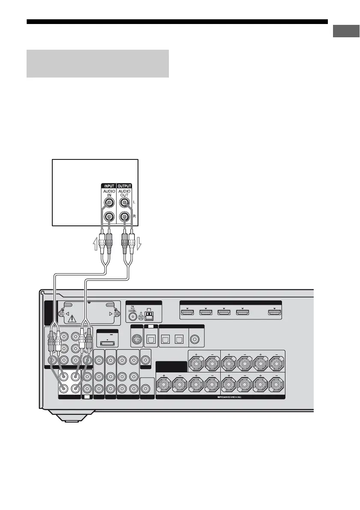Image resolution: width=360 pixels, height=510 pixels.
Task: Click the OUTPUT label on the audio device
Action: click(124, 186)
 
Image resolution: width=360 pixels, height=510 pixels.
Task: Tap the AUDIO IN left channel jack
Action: click(109, 202)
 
